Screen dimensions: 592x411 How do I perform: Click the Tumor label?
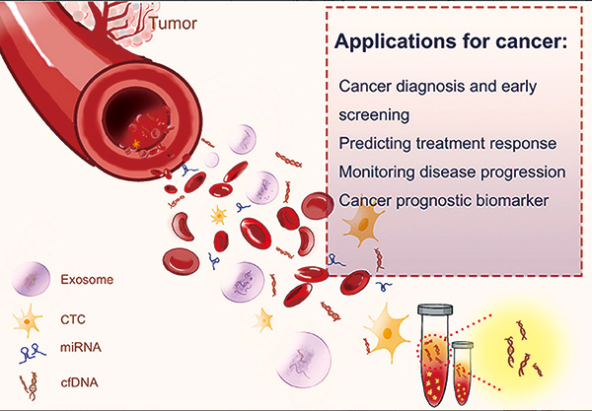(173, 24)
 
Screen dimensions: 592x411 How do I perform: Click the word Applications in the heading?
(394, 41)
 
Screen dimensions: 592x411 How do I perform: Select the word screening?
(374, 115)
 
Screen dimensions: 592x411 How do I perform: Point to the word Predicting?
(375, 144)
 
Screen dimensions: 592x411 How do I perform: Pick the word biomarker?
(512, 200)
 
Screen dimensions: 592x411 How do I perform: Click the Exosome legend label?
(87, 280)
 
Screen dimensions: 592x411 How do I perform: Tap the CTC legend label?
(73, 319)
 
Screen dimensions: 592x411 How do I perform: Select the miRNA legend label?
(81, 347)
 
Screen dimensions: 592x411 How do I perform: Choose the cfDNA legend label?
(79, 382)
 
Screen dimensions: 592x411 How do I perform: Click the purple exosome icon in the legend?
(31, 279)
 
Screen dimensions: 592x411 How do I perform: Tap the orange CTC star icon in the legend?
(28, 322)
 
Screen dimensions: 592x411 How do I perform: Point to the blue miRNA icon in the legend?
(33, 353)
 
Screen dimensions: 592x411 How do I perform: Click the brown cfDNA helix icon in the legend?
(31, 386)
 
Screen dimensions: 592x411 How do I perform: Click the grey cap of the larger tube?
(435, 309)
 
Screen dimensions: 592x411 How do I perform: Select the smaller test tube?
(463, 373)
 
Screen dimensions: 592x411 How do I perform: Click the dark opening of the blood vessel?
(139, 120)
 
